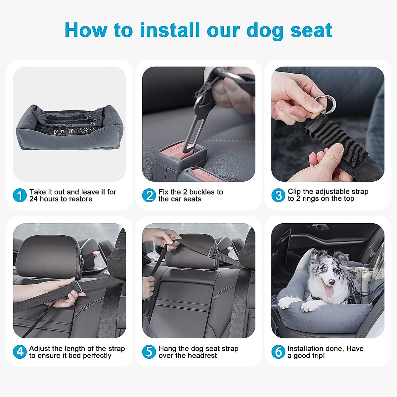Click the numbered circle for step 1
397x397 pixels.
click(20, 195)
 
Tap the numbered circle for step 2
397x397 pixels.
click(149, 195)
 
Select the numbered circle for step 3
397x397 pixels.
click(278, 195)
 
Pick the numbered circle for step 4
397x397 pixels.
click(20, 352)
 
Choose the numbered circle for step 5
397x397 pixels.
click(149, 352)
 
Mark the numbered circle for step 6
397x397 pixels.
click(278, 352)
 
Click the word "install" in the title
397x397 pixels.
click(170, 30)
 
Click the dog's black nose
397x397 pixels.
click(332, 282)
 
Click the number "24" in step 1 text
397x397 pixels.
click(33, 199)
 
